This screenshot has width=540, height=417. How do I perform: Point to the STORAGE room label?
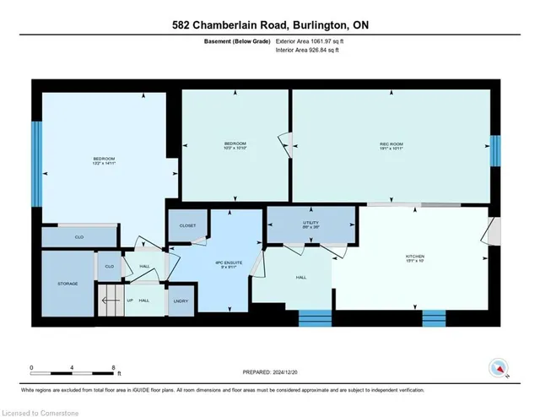(x=67, y=284)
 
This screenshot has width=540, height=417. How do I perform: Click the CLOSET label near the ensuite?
(x=187, y=226)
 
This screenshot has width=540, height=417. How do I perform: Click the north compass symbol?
(x=499, y=367)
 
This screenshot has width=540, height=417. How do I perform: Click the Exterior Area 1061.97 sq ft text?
(x=310, y=41)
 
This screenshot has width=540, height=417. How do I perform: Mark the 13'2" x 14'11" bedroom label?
(x=104, y=161)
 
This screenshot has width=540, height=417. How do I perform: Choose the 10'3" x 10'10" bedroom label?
(x=235, y=146)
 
